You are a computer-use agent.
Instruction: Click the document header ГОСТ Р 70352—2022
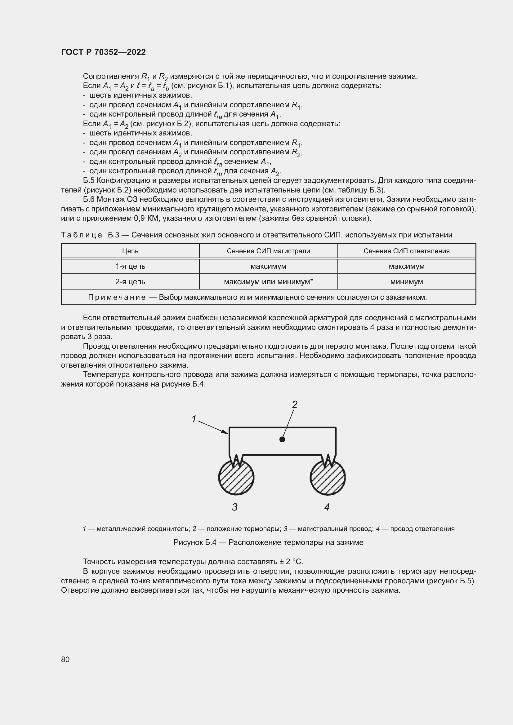point(103,52)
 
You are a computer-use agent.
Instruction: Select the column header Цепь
point(130,251)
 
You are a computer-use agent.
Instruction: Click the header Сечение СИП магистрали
point(268,251)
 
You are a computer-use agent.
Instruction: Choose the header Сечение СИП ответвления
point(407,251)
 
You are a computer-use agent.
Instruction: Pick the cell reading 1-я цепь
point(130,266)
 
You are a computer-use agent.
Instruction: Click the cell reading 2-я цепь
point(130,282)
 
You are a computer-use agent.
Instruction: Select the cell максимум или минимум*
point(268,282)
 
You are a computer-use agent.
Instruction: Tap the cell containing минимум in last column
point(407,282)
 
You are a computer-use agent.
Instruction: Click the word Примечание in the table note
point(117,297)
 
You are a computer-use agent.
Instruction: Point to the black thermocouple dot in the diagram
point(283,439)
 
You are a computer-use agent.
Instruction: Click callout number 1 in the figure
point(194,419)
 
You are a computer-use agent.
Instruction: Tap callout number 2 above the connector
point(294,404)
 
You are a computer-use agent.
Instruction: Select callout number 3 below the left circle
point(235,507)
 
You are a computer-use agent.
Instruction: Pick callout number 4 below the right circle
point(327,507)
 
